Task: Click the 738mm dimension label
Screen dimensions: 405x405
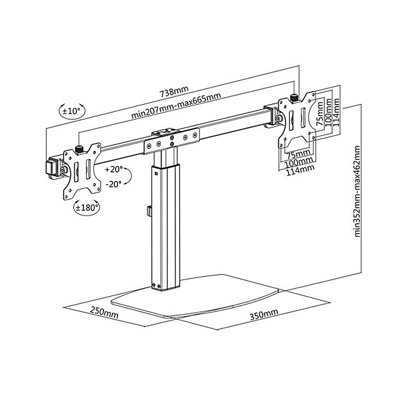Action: (x=174, y=91)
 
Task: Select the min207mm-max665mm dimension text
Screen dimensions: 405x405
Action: (x=176, y=106)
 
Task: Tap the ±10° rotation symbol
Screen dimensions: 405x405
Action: (x=72, y=111)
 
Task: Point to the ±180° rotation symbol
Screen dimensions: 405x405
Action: (x=86, y=207)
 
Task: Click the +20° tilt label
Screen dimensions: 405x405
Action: (x=114, y=169)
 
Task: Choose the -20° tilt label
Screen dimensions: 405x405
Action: (x=113, y=184)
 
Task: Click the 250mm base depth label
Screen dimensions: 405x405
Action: (x=104, y=312)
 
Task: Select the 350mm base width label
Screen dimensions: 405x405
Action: (x=264, y=314)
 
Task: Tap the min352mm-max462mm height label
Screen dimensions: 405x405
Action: (x=357, y=192)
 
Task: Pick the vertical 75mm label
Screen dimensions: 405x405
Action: (x=320, y=114)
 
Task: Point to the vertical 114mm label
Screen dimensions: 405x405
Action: (x=336, y=112)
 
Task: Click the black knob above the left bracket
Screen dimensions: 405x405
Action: (x=79, y=149)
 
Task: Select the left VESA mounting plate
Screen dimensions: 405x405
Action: (x=82, y=171)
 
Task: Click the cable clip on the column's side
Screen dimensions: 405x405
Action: (x=149, y=211)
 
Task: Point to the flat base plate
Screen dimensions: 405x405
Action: (x=195, y=296)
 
